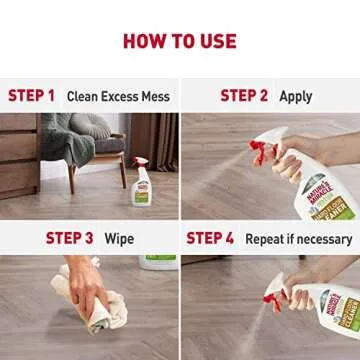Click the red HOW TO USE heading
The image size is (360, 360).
[x=179, y=40]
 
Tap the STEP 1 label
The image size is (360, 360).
[x=31, y=96]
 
